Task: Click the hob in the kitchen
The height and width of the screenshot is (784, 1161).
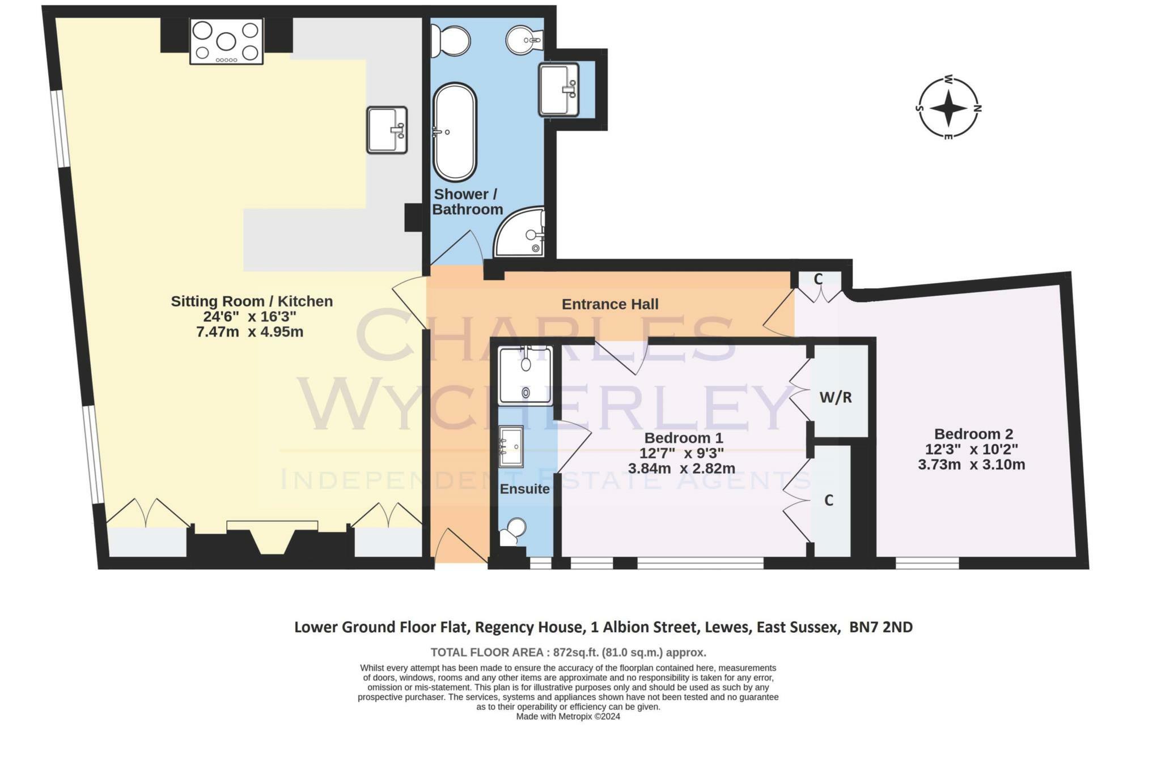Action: click(x=226, y=41)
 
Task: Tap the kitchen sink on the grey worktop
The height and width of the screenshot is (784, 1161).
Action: click(x=387, y=130)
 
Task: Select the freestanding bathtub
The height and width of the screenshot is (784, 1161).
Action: click(x=454, y=131)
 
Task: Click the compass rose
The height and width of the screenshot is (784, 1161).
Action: click(x=948, y=108)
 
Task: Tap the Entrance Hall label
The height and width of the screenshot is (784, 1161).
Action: click(x=609, y=304)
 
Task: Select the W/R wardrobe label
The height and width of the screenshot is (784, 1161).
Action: click(x=835, y=398)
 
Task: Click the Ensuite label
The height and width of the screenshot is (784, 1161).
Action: click(x=524, y=489)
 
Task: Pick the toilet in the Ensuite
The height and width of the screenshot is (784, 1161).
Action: click(x=514, y=531)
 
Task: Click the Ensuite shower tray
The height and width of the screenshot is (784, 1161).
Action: click(x=525, y=376)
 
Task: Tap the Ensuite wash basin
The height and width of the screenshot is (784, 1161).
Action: click(x=511, y=446)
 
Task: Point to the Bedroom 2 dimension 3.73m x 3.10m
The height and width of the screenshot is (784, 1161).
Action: click(x=971, y=465)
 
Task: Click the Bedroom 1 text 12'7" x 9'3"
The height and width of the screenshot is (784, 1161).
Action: click(x=681, y=453)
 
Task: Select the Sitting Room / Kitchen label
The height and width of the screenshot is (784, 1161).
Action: click(x=252, y=301)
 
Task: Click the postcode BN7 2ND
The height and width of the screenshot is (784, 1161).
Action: click(x=881, y=627)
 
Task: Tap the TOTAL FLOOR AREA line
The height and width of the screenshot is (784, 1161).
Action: click(x=568, y=652)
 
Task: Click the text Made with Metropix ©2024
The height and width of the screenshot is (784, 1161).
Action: click(x=568, y=717)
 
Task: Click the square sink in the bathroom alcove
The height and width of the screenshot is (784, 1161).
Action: click(x=558, y=89)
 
